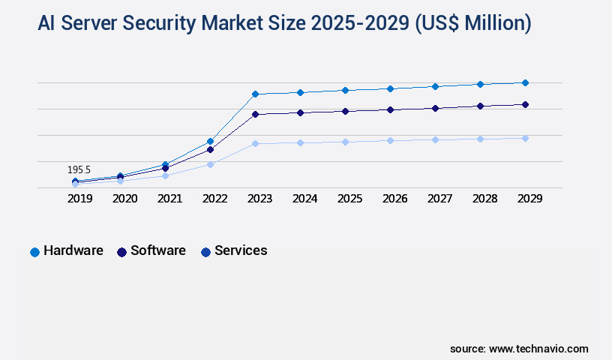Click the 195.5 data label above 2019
[x=79, y=170]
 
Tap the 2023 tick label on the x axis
[x=259, y=199]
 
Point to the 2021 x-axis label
[x=169, y=199]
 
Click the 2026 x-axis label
[x=394, y=199]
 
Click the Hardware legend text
[x=73, y=250]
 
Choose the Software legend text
[x=158, y=250]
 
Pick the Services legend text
[x=241, y=250]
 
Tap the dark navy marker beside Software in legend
[x=121, y=252]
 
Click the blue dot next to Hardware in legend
[x=34, y=252]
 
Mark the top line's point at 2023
[x=255, y=94]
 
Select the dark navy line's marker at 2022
[x=210, y=149]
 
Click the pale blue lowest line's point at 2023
[x=255, y=143]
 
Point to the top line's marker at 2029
[x=525, y=82]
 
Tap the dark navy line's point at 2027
[x=435, y=108]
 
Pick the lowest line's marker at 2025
[x=345, y=142]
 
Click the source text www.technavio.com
[x=538, y=349]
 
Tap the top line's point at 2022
[x=210, y=141]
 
